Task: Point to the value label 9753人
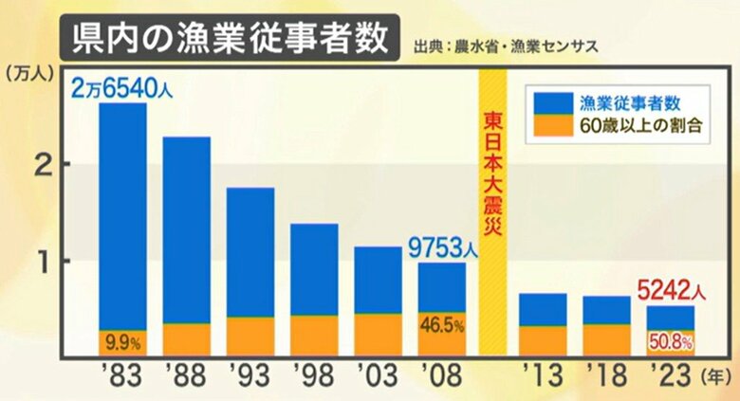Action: (442, 248)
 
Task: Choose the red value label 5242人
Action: (673, 288)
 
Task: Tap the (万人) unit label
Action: (27, 71)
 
